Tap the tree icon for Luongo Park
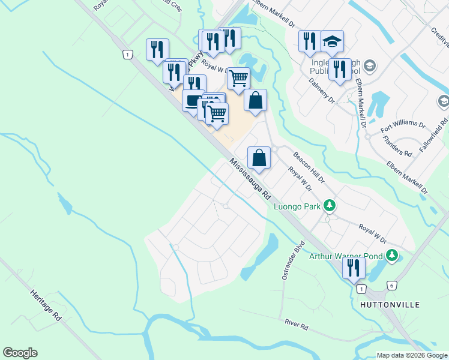click(x=329, y=206)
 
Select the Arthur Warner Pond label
click(x=345, y=256)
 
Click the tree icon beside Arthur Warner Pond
click(x=392, y=256)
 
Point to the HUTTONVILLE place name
click(x=390, y=305)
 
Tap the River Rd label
click(x=297, y=324)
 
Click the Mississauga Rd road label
click(x=250, y=179)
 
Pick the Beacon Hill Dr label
click(x=309, y=167)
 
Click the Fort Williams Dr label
click(x=403, y=127)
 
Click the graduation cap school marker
click(x=332, y=42)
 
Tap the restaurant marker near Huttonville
click(x=354, y=268)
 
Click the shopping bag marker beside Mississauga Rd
click(x=259, y=158)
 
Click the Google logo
click(x=20, y=353)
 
